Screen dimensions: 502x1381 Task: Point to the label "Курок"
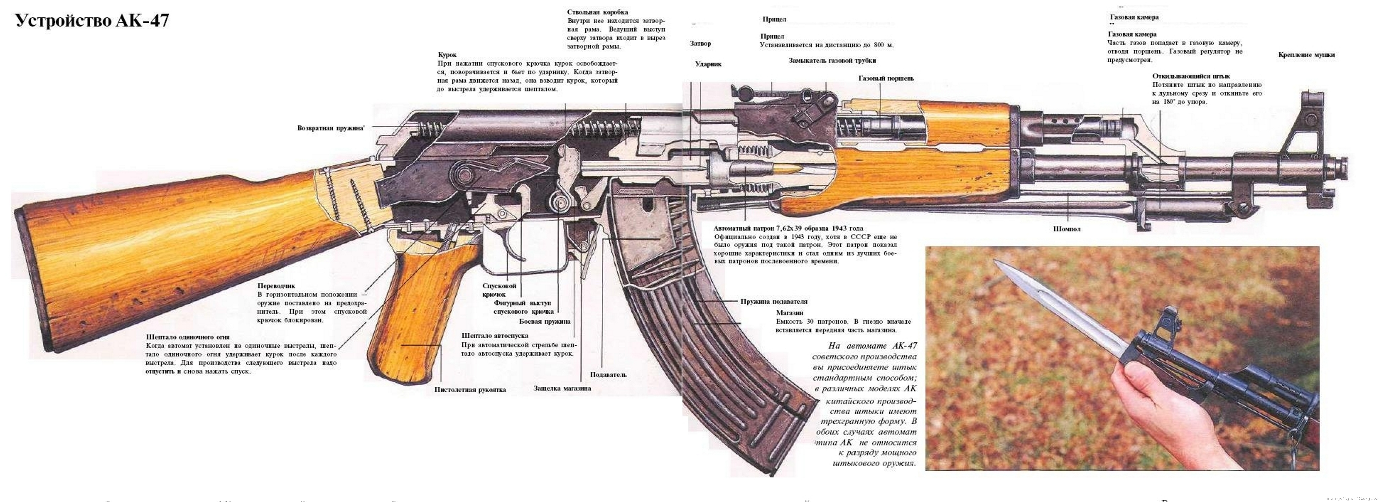(x=447, y=55)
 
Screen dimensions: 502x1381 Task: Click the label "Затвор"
(x=700, y=43)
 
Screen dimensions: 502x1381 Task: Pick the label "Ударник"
(x=708, y=64)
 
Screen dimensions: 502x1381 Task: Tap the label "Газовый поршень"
(x=886, y=78)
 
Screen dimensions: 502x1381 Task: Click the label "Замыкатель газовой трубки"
(x=832, y=60)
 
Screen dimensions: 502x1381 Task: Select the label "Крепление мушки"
(x=1307, y=55)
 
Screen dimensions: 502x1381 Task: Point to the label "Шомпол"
(x=1067, y=229)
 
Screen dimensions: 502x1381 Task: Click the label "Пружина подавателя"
(x=774, y=301)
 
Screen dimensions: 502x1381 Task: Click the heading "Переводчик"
(x=276, y=286)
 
